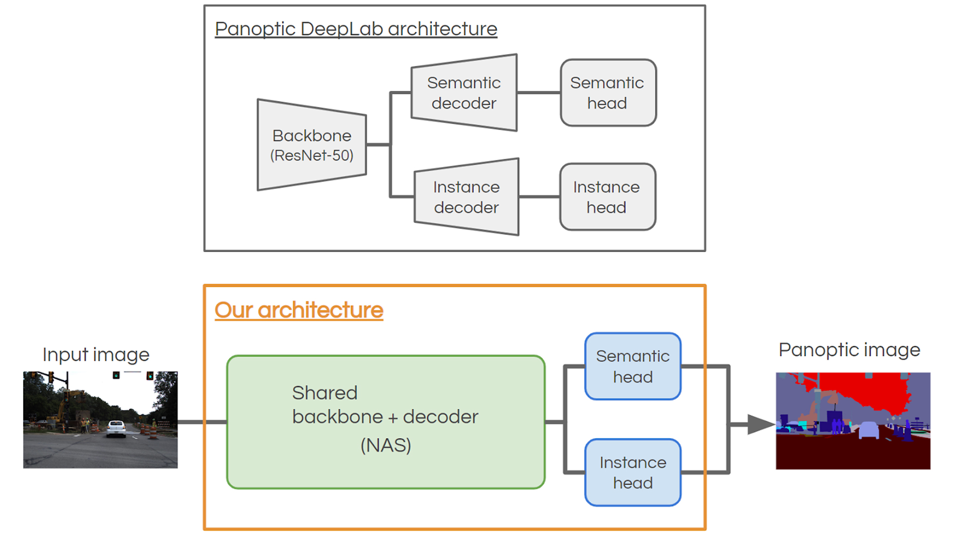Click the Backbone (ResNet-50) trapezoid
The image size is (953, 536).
tap(312, 145)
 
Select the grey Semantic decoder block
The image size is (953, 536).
tap(464, 93)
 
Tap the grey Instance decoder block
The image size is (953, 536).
tap(467, 197)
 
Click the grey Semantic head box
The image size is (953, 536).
tap(608, 93)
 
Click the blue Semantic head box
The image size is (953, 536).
tap(633, 366)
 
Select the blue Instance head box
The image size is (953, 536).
tap(633, 472)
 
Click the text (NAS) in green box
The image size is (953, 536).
tap(386, 445)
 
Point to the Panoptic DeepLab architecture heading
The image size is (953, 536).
tap(356, 29)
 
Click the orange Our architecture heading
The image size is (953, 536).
tap(299, 310)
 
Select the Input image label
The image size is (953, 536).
tap(96, 354)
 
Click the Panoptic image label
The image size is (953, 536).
tap(849, 349)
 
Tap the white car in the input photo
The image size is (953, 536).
tap(116, 428)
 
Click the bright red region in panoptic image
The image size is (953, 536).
tap(864, 390)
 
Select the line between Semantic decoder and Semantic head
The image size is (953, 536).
tap(539, 93)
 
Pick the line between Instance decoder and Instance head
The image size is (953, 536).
tap(539, 197)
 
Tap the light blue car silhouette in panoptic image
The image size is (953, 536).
tap(869, 430)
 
